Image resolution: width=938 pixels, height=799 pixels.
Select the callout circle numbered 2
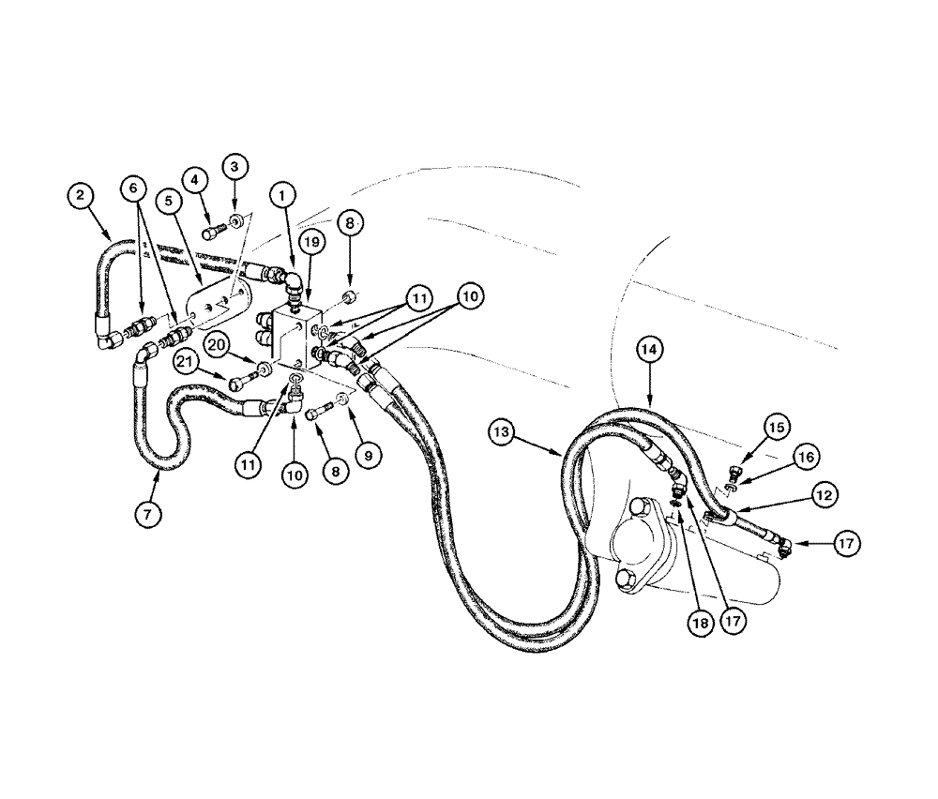pos(81,195)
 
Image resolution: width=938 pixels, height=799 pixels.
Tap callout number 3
pos(235,166)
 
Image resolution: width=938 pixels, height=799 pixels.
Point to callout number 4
pos(195,177)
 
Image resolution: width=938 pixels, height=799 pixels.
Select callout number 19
pos(313,242)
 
